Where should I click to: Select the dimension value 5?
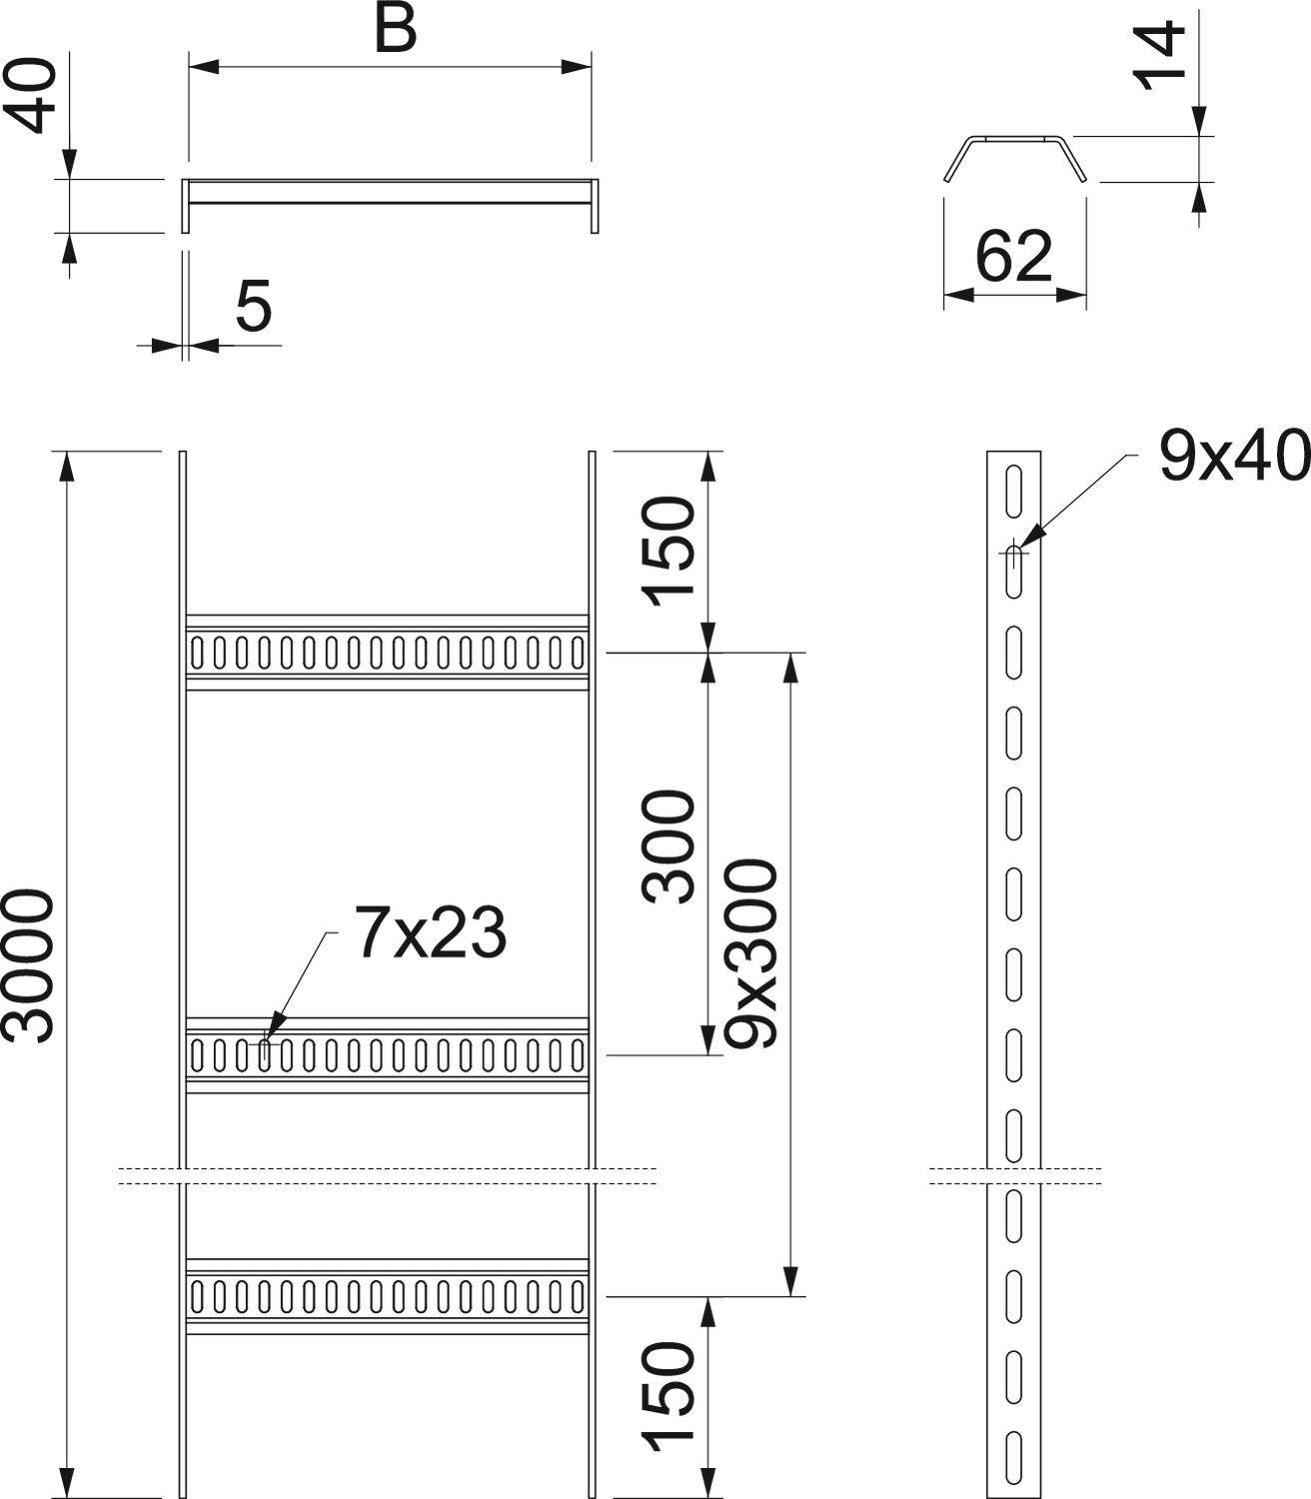click(x=254, y=306)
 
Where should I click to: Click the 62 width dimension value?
click(x=1014, y=256)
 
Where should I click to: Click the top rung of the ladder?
click(x=388, y=652)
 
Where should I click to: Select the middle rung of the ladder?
click(x=388, y=1054)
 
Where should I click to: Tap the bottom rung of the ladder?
click(x=388, y=1296)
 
